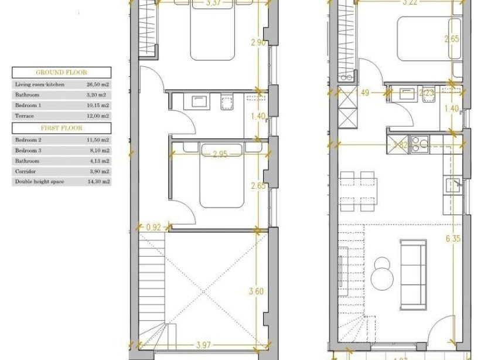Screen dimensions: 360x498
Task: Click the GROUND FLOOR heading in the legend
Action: point(62,73)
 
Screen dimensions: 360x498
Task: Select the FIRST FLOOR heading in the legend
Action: point(62,128)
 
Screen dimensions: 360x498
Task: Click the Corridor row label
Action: point(25,171)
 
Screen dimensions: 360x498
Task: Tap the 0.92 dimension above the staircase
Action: point(154,227)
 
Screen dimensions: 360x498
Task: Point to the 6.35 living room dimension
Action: point(451,238)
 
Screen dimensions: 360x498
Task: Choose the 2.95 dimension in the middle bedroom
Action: point(204,154)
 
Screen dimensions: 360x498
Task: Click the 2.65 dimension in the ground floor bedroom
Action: point(452,40)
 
